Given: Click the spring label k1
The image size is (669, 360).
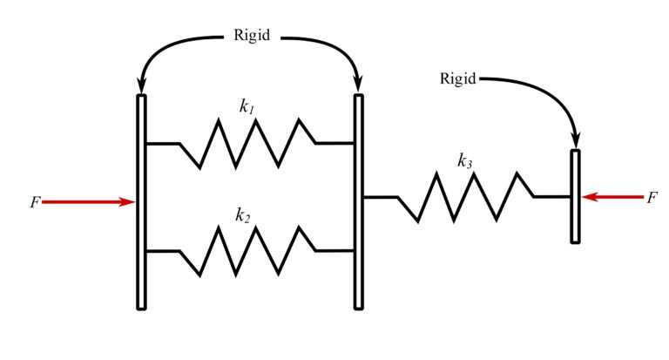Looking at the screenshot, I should coord(247,106).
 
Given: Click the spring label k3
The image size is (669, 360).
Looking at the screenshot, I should coord(465,160).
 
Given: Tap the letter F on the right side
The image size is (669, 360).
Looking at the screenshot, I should coord(652,198).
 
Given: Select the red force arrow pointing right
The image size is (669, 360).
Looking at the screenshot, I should coord(87,202).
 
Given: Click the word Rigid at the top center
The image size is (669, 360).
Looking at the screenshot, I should coord(253,37).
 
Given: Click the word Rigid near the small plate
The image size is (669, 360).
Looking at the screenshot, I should coord(458,79).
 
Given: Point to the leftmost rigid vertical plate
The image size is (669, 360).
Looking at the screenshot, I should coord(141,201).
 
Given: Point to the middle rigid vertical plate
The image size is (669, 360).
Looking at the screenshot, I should coord(358,201).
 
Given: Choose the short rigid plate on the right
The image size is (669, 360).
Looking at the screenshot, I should coord(575,196).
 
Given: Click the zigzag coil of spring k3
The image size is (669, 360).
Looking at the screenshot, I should coord(464,197).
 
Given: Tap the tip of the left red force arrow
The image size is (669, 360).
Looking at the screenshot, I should coord(135,202).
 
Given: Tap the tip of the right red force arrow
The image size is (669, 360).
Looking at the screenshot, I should coord(582,197).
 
